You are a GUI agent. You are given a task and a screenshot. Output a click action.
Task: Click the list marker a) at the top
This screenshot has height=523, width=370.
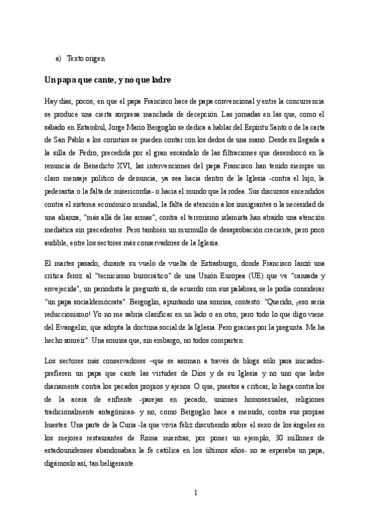coord(58,59)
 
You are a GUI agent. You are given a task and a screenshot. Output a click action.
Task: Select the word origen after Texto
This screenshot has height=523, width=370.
coord(96,59)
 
